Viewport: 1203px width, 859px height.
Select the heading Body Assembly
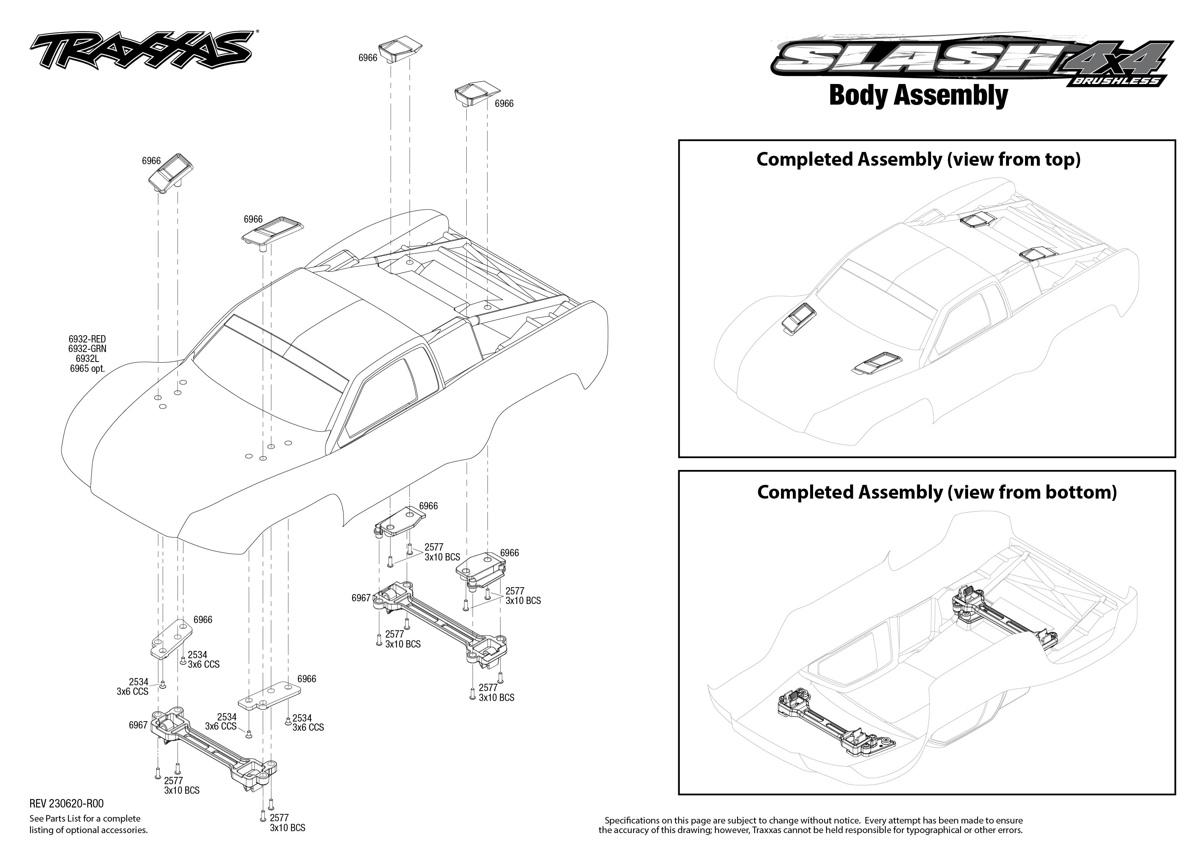[918, 96]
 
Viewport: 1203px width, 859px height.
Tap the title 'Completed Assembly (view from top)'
[918, 159]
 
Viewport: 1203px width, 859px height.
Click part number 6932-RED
[87, 339]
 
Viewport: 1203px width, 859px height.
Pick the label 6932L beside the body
[87, 358]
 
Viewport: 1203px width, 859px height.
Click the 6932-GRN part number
[87, 349]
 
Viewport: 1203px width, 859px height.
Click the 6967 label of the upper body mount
[361, 598]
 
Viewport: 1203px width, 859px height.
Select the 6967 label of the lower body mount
[138, 725]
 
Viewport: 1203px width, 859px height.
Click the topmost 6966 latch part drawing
[401, 48]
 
